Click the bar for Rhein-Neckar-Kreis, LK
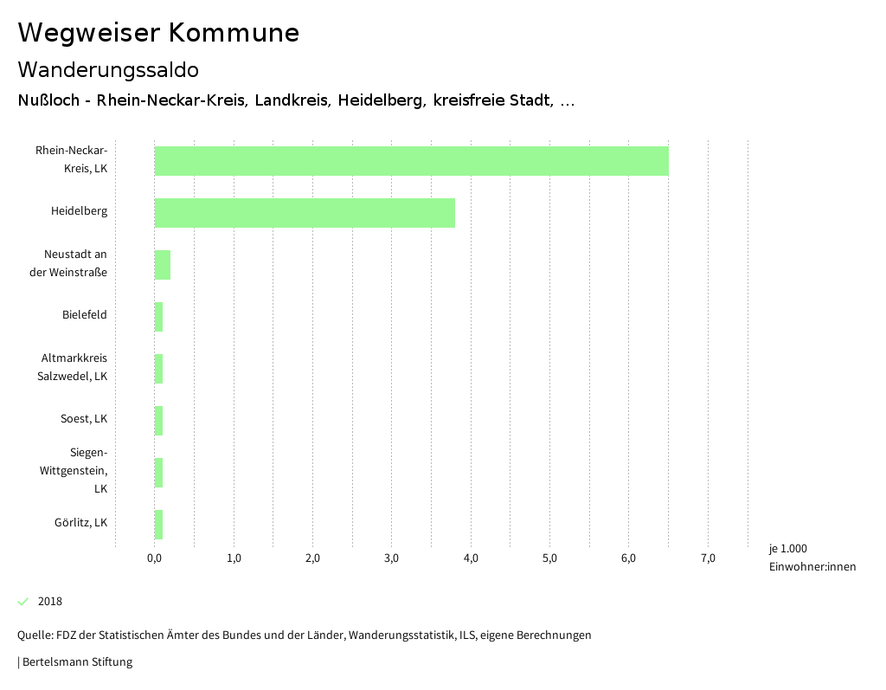[411, 161]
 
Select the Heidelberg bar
[305, 213]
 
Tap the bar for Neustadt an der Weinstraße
[163, 265]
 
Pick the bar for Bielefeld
[159, 317]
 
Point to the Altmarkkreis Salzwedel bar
[159, 369]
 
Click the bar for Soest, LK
[159, 421]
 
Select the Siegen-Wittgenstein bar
[159, 473]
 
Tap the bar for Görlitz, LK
[159, 525]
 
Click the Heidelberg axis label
[79, 211]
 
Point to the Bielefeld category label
[85, 315]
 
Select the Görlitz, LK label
[80, 523]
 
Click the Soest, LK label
[84, 419]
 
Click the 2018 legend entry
[49, 602]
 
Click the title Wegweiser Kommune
[158, 33]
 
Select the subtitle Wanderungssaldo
[108, 69]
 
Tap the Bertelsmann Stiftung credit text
[76, 662]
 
